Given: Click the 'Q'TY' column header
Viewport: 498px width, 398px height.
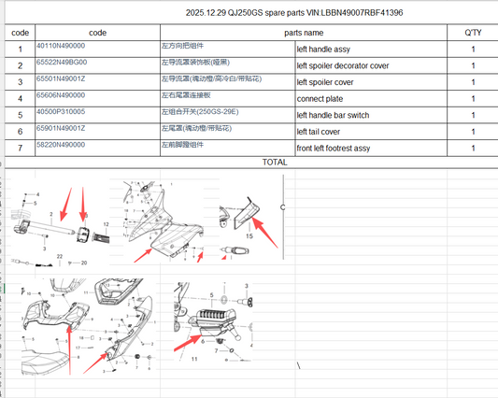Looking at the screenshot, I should click(474, 32).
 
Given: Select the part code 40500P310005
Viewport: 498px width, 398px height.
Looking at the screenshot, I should click(61, 112).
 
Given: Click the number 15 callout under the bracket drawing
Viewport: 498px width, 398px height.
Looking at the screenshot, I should click(249, 237).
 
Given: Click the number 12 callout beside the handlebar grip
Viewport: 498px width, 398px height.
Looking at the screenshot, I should click(107, 225).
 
